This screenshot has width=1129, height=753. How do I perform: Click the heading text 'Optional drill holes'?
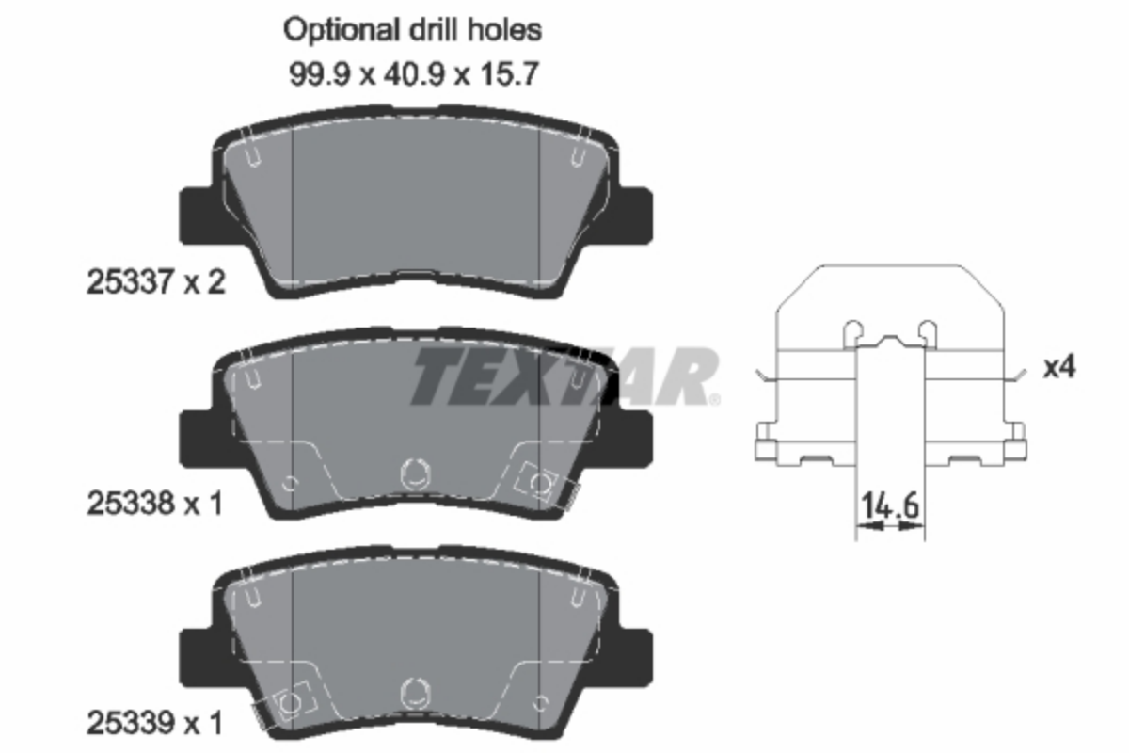[412, 30]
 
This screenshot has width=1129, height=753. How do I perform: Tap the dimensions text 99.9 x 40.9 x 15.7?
[414, 74]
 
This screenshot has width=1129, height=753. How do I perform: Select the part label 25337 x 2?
[156, 282]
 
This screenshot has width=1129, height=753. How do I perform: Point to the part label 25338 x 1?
[154, 504]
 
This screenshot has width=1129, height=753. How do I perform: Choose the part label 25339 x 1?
[154, 724]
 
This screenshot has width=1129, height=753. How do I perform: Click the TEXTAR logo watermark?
[565, 376]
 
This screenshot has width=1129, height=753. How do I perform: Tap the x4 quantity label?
[1059, 367]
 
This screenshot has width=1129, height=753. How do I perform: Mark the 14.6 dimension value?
[890, 505]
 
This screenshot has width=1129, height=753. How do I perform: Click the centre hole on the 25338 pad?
[415, 474]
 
